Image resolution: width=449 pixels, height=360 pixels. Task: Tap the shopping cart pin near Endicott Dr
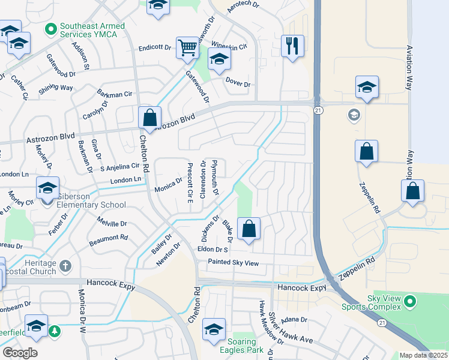pyautogui.click(x=187, y=47)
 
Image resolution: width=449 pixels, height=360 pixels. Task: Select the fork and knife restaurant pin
pyautogui.click(x=292, y=46)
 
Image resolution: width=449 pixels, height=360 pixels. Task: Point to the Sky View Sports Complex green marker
pyautogui.click(x=410, y=300)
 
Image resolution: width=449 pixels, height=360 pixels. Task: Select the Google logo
pyautogui.click(x=20, y=352)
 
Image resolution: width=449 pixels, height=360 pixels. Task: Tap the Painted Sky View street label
pyautogui.click(x=233, y=263)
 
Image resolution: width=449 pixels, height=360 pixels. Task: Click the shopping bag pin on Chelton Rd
pyautogui.click(x=149, y=118)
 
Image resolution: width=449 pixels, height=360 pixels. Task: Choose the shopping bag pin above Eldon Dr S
pyautogui.click(x=249, y=228)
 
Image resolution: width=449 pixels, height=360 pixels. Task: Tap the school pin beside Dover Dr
pyautogui.click(x=219, y=59)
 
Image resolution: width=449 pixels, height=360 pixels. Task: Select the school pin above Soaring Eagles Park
pyautogui.click(x=214, y=329)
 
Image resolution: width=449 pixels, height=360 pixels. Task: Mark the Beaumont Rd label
pyautogui.click(x=108, y=238)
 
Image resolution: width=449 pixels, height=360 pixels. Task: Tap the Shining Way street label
pyautogui.click(x=56, y=88)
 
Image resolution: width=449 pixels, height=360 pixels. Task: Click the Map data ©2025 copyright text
pyautogui.click(x=423, y=355)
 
